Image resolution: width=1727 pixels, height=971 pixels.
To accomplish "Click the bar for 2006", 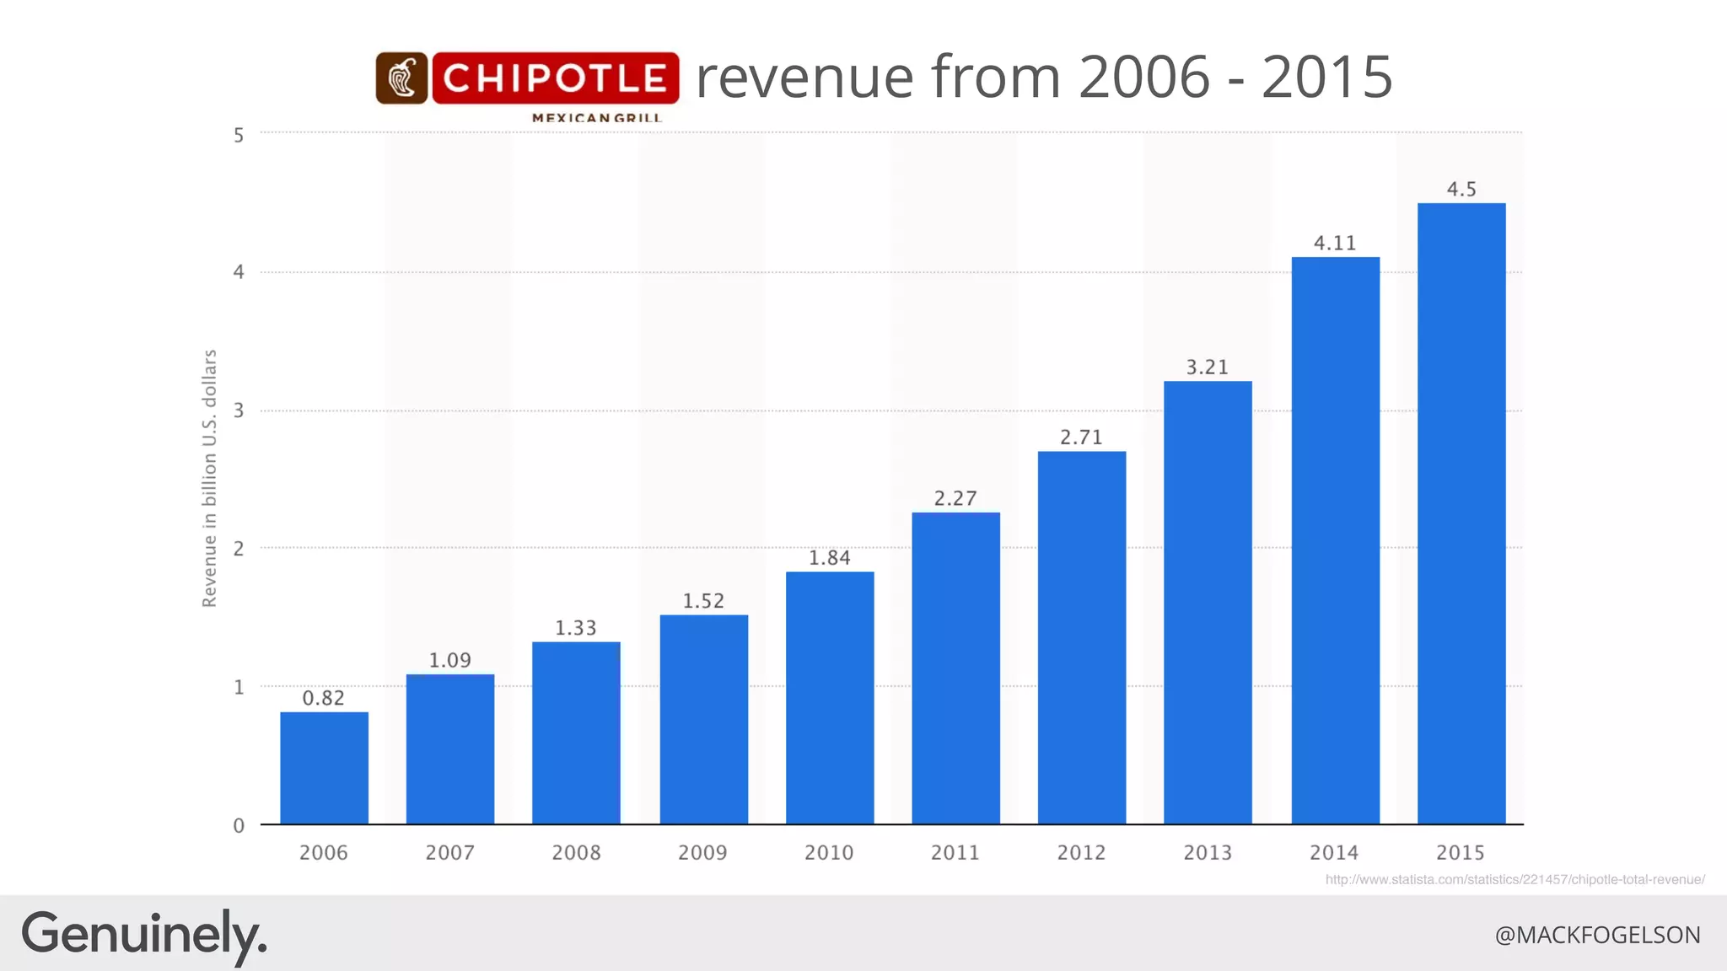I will coord(324,768).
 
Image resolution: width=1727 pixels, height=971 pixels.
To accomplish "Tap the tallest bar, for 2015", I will coord(1461,513).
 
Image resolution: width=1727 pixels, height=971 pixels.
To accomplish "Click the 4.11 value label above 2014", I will coord(1335,244).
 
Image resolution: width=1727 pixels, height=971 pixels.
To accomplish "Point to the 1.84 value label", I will coord(830,558).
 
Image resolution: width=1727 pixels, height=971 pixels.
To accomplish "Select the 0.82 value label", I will coord(324,698).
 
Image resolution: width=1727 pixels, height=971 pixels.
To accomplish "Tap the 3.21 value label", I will coord(1208,367).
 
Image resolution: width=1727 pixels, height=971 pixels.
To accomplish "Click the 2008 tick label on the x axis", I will coord(576,853).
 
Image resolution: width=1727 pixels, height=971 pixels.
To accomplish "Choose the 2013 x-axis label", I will coord(1208,853).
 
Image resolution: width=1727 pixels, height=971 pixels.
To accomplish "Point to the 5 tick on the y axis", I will coord(239,135).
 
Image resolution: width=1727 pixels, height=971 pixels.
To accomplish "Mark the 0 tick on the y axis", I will coord(239,826).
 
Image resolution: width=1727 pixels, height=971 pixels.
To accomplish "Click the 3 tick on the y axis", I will coord(239,410).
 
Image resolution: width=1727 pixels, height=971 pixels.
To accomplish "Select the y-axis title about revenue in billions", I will coord(210,478).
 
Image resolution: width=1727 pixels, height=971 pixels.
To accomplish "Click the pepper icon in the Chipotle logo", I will coord(401,78).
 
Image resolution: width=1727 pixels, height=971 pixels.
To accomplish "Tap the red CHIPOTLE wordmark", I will coord(556,78).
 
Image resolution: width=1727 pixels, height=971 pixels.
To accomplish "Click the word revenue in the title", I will coord(805,78).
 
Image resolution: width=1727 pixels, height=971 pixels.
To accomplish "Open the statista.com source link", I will coord(1514,879).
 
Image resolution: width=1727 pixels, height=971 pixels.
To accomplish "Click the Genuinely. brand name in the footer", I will coord(143,935).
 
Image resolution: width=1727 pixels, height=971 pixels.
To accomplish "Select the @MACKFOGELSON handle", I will coord(1597,936).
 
